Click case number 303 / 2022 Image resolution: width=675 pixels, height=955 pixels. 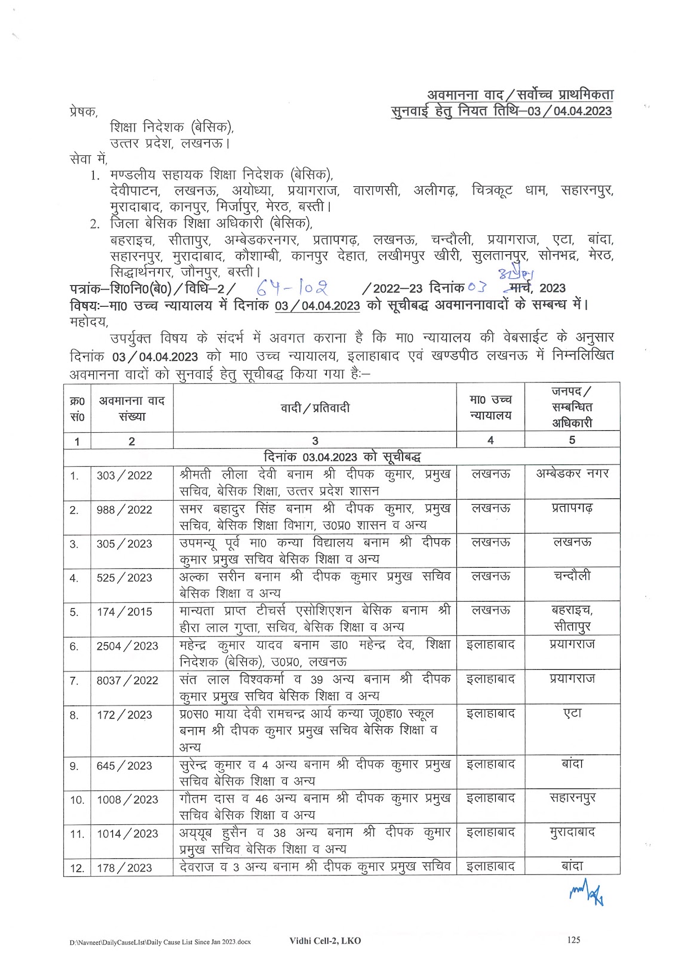(x=124, y=476)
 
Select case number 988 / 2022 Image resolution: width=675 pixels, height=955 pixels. (x=124, y=510)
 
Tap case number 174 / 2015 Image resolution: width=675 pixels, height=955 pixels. (x=124, y=612)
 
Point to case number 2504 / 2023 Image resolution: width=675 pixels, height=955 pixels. (x=127, y=646)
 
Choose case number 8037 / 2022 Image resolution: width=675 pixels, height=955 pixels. (x=127, y=680)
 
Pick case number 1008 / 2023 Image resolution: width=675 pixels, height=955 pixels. (x=127, y=800)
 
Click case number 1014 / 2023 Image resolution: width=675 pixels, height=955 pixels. (x=127, y=834)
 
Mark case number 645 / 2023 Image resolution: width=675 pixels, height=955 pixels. (x=124, y=766)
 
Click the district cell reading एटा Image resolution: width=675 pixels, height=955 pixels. (x=572, y=713)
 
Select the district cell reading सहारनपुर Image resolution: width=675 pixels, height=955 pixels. (x=572, y=798)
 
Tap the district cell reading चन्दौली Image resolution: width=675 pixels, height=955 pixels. (x=572, y=576)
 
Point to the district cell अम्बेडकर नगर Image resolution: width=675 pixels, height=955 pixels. (x=572, y=474)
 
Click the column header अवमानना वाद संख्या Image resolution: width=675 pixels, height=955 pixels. (x=131, y=408)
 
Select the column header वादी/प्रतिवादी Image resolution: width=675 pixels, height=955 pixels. (x=315, y=408)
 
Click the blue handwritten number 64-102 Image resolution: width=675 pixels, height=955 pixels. (x=292, y=289)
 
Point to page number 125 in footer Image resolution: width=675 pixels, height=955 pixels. (x=573, y=940)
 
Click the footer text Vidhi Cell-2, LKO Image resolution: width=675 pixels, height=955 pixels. (x=325, y=941)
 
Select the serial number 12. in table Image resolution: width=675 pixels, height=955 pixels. (x=77, y=868)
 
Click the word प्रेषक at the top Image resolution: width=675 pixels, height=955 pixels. (x=83, y=112)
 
